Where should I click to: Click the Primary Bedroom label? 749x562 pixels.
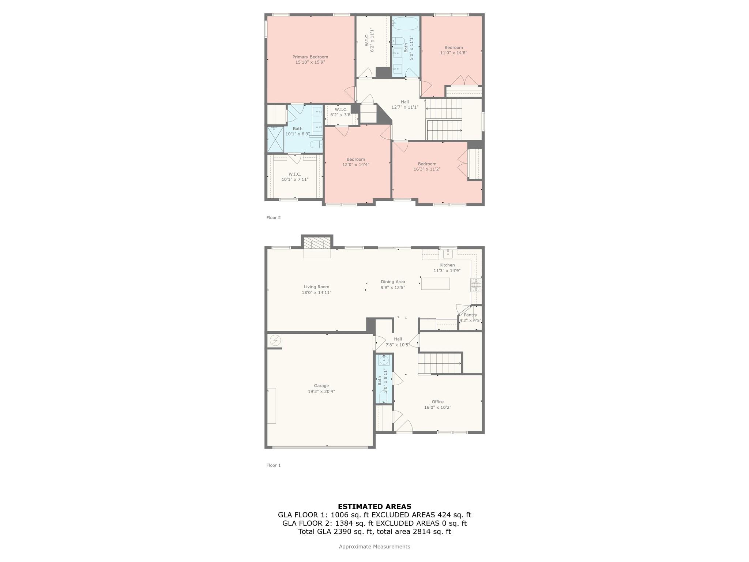tap(310, 57)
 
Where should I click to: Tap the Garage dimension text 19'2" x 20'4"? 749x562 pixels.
tap(321, 391)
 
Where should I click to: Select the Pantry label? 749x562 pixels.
tap(470, 315)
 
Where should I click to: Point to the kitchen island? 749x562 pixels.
tap(435, 284)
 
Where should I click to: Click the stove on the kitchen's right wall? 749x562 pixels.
tap(476, 285)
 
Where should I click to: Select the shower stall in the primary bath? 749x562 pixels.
tap(275, 139)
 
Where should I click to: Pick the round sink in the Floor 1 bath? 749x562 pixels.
tap(384, 360)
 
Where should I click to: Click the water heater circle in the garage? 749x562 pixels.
tap(275, 341)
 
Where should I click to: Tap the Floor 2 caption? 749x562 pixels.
tap(274, 218)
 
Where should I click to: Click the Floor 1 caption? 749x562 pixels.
tap(274, 465)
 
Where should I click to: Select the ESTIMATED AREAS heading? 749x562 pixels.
tap(374, 507)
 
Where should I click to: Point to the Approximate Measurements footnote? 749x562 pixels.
tap(374, 547)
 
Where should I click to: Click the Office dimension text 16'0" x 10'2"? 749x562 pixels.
tap(438, 407)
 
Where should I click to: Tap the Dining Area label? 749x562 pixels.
tap(393, 282)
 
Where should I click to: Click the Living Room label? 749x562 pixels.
tap(316, 287)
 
